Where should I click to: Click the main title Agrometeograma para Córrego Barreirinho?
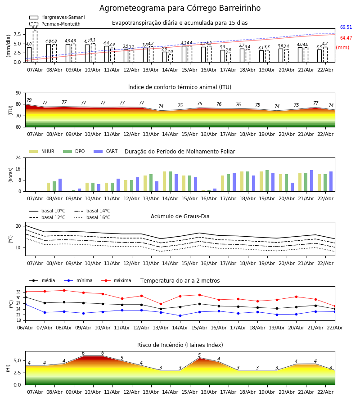180,9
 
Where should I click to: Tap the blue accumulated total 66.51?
346,27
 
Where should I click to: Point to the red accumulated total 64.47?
346,38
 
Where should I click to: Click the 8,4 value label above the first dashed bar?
35,28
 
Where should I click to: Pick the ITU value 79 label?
29,100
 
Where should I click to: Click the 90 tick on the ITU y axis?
18,93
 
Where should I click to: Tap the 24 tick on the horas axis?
18,158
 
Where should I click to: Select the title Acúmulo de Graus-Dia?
180,216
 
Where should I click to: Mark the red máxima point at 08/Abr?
64,290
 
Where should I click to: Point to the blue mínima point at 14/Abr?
180,315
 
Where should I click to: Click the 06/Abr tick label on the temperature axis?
25,327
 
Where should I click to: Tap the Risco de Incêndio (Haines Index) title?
180,345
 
